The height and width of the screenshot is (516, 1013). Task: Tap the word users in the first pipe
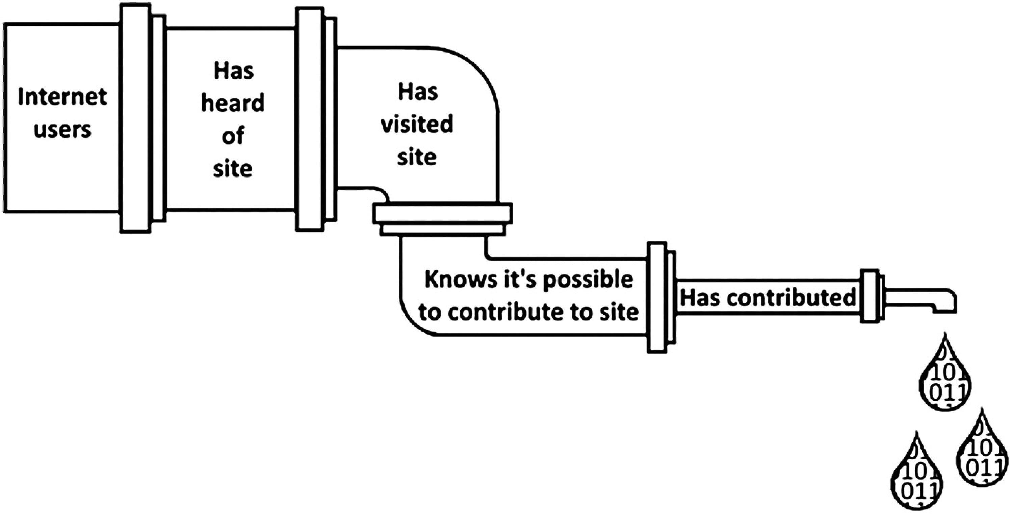click(62, 129)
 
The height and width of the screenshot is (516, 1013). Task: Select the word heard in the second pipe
click(233, 103)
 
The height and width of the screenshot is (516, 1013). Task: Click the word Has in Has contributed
click(701, 298)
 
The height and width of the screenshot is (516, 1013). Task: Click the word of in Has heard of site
click(233, 136)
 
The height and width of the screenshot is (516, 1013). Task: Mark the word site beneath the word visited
click(417, 157)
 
